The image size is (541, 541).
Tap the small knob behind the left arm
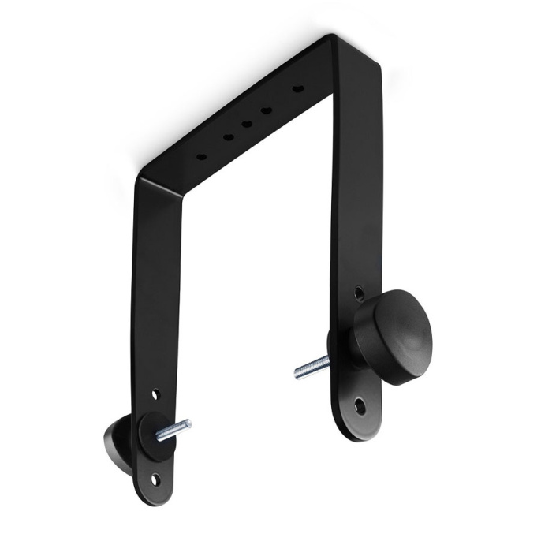(x=118, y=439)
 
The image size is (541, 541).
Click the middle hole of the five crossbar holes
(x=247, y=123)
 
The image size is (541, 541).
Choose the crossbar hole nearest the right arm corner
(x=297, y=88)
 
